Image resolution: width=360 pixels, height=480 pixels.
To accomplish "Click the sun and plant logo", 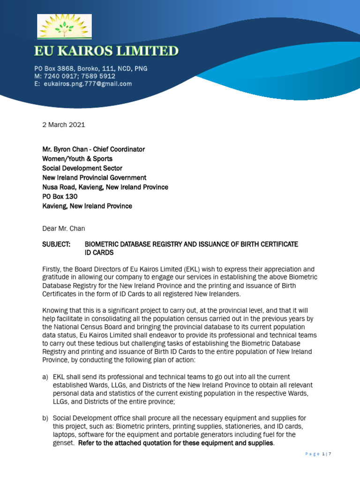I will click(65, 27).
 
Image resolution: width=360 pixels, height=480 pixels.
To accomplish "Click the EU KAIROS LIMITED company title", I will click(105, 51).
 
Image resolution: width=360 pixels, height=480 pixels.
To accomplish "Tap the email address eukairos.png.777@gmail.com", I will click(88, 84).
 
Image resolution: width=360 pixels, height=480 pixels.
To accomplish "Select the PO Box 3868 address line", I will click(90, 68).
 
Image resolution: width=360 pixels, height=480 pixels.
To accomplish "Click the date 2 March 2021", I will click(64, 125).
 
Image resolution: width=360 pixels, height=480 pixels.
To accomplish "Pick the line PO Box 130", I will click(60, 197).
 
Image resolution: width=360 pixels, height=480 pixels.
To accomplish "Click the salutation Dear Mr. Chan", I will click(64, 229).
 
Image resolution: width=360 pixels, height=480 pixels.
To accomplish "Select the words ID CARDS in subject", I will click(99, 253).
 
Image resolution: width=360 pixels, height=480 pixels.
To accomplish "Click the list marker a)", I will click(45, 377).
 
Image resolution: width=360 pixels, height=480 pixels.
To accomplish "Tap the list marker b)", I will click(45, 418).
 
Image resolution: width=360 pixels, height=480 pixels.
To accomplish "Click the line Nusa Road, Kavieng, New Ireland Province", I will click(105, 187).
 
